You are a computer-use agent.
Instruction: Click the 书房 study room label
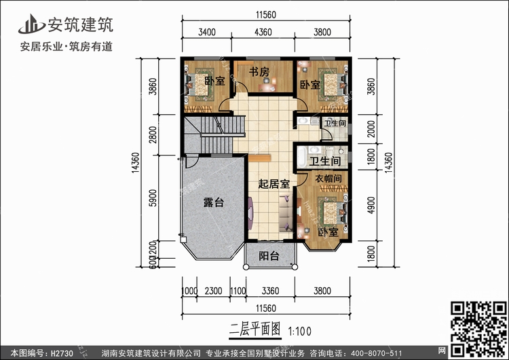click(x=259, y=71)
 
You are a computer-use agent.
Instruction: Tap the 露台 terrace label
click(x=214, y=203)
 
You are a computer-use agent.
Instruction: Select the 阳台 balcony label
click(x=269, y=256)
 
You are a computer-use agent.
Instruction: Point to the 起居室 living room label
click(x=274, y=183)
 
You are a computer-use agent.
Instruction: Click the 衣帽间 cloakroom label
click(x=328, y=178)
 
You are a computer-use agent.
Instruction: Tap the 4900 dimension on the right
click(x=371, y=204)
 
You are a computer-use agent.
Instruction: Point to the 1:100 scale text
click(x=300, y=332)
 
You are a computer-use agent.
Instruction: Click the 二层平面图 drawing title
click(x=255, y=331)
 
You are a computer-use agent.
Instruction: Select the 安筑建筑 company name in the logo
click(x=80, y=25)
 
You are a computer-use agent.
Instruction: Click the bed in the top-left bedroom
click(x=198, y=87)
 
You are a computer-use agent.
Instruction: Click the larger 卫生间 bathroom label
click(x=325, y=162)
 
